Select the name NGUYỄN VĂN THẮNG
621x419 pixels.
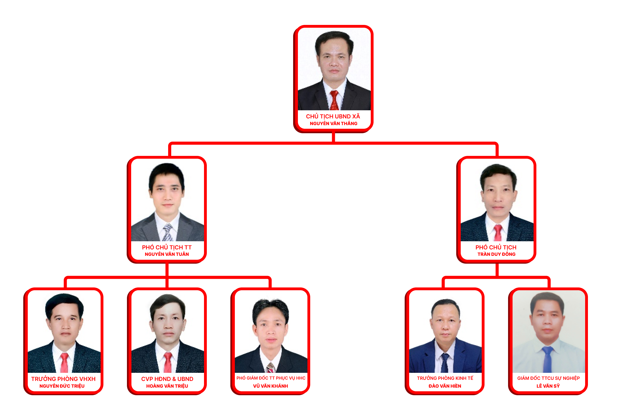point(333,123)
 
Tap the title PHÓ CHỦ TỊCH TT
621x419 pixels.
point(167,247)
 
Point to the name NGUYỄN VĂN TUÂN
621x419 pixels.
point(167,254)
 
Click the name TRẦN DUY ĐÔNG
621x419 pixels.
point(496,254)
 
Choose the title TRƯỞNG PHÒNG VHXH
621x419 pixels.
point(63,379)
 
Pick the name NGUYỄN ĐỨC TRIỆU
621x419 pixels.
point(62,386)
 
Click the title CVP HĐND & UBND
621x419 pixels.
point(167,379)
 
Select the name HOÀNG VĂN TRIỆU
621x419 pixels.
point(167,386)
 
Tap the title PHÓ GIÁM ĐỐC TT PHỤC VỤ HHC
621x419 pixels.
point(271,378)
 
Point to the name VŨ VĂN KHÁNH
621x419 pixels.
point(270,386)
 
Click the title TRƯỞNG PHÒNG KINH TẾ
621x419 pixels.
point(445,378)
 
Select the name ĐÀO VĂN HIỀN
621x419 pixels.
point(445,386)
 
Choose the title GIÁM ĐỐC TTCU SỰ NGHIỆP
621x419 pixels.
point(548,378)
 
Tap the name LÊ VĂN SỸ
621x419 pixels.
point(548,386)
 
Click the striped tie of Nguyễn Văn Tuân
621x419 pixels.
point(168,233)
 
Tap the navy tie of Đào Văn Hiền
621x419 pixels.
point(445,363)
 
